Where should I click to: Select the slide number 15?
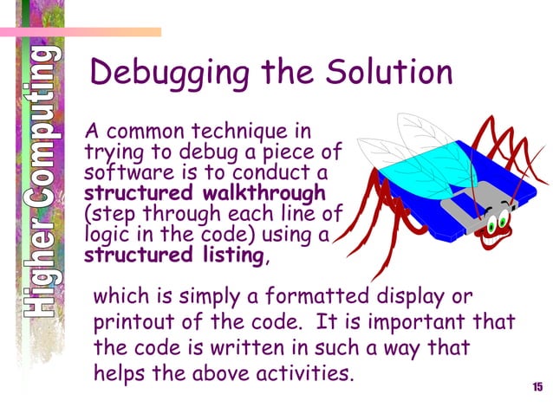pos(537,386)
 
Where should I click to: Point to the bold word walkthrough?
pos(264,192)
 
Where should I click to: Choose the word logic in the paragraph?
pos(107,235)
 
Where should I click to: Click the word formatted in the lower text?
pos(285,297)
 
